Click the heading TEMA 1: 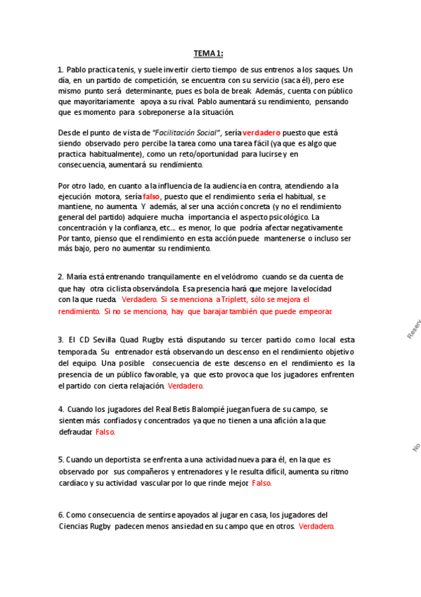pyautogui.click(x=208, y=54)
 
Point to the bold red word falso pyautogui.click(x=151, y=196)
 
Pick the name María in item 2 pyautogui.click(x=78, y=277)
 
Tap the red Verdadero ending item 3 pyautogui.click(x=186, y=386)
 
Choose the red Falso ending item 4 pyautogui.click(x=105, y=432)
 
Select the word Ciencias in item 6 pyautogui.click(x=75, y=526)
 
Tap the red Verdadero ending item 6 pyautogui.click(x=316, y=526)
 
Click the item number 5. pyautogui.click(x=60, y=460)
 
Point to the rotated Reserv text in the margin pyautogui.click(x=413, y=329)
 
